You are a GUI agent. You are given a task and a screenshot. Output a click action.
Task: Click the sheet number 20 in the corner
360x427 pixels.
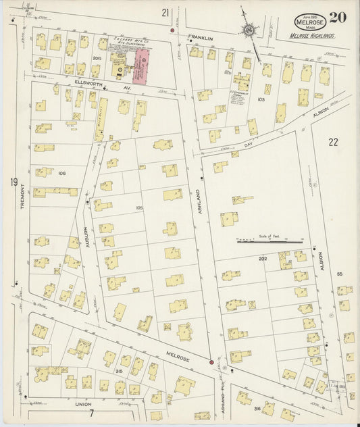(339, 18)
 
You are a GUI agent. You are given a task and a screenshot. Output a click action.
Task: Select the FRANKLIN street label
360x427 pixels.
(201, 39)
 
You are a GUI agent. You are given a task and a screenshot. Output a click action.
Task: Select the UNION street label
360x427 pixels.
(83, 403)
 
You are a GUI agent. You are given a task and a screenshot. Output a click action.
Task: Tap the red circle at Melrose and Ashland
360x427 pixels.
(212, 363)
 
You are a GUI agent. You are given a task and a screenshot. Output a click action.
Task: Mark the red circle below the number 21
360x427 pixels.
(172, 31)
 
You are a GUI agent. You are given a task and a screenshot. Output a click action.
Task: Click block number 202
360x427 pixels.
(260, 259)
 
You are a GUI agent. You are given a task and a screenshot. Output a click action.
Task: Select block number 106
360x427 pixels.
(61, 173)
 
